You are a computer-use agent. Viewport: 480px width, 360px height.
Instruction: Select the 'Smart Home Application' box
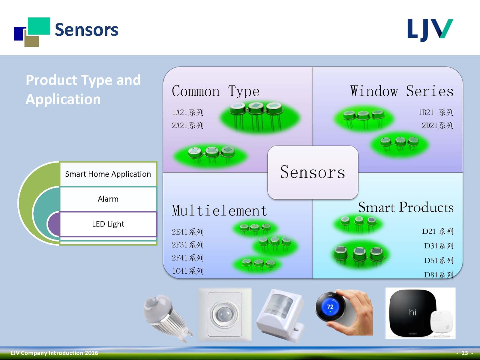pyautogui.click(x=108, y=174)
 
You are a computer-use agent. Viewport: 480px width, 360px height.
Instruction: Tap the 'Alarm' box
pyautogui.click(x=108, y=199)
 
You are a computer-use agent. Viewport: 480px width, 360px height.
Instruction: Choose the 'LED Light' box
pyautogui.click(x=108, y=224)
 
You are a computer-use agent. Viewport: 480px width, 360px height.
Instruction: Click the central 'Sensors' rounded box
pyautogui.click(x=313, y=172)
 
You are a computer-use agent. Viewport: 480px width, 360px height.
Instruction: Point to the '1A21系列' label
pyautogui.click(x=188, y=112)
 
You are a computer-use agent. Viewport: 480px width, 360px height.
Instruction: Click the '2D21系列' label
pyautogui.click(x=437, y=125)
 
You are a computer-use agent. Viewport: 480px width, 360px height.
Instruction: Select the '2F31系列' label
pyautogui.click(x=188, y=245)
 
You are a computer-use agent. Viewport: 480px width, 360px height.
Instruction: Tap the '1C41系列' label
pyautogui.click(x=188, y=271)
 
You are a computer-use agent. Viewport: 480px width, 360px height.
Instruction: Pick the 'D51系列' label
pyautogui.click(x=438, y=260)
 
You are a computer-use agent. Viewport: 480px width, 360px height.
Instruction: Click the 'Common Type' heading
pyautogui.click(x=216, y=91)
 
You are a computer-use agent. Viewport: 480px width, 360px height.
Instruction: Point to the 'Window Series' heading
pyautogui.click(x=402, y=91)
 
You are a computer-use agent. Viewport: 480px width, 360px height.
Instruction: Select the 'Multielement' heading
pyautogui.click(x=219, y=211)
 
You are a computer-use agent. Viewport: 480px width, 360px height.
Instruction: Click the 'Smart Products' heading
pyautogui.click(x=406, y=207)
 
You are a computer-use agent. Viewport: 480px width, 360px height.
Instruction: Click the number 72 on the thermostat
pyautogui.click(x=330, y=307)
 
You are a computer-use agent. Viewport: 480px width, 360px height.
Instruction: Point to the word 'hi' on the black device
pyautogui.click(x=412, y=312)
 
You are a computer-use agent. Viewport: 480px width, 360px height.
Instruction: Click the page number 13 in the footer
pyautogui.click(x=464, y=353)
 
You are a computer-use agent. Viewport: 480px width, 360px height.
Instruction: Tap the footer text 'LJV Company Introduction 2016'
pyautogui.click(x=54, y=353)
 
